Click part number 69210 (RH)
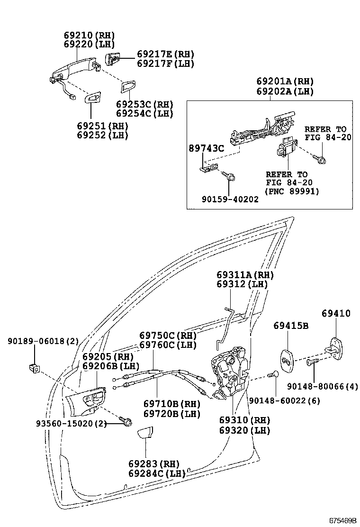pos(89,36)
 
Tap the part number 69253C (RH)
pos(144,105)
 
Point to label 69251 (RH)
pos(102,126)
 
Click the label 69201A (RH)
pos(285,82)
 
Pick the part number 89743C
pos(207,148)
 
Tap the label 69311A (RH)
pos(245,275)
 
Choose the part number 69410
pos(336,313)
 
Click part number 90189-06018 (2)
pos(43,341)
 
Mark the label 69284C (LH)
pos(156,473)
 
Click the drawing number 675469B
pos(343,520)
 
